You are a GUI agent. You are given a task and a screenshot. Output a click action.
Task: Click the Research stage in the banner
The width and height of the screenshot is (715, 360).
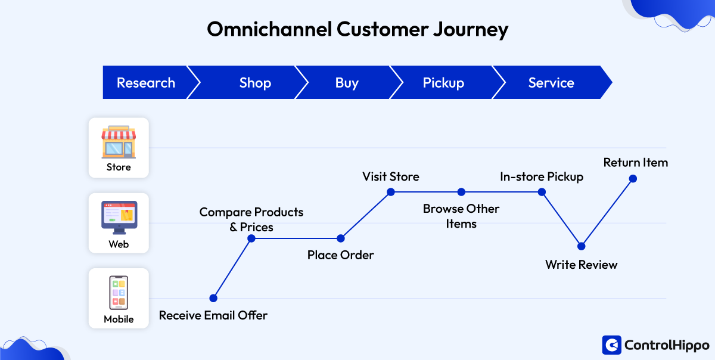pyautogui.click(x=146, y=83)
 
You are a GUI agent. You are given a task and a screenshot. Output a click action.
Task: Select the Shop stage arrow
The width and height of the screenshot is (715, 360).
pyautogui.click(x=255, y=83)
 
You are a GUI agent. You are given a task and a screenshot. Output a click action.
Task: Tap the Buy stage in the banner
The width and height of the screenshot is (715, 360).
pyautogui.click(x=347, y=83)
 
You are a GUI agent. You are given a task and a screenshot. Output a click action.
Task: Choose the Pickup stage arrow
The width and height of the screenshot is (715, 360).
pyautogui.click(x=443, y=83)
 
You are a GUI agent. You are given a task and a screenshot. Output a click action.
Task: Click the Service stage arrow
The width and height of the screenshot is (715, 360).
pyautogui.click(x=551, y=83)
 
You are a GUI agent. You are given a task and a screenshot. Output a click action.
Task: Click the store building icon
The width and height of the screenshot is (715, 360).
pyautogui.click(x=119, y=141)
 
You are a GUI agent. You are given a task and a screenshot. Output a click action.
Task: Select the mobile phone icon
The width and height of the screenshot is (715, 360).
pyautogui.click(x=119, y=292)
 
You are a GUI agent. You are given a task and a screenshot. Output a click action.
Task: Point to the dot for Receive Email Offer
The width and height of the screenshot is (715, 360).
pyautogui.click(x=213, y=298)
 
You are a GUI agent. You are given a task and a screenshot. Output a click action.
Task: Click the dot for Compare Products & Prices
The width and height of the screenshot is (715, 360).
pyautogui.click(x=251, y=238)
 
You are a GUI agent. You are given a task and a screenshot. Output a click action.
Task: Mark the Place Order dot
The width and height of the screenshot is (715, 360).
pyautogui.click(x=341, y=238)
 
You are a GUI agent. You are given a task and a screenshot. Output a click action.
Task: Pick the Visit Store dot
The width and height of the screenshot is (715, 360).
pyautogui.click(x=391, y=192)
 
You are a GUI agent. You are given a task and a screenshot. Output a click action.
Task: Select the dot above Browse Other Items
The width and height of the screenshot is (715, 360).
pyautogui.click(x=461, y=192)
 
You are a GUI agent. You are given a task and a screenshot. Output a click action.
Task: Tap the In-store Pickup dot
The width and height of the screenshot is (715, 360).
pyautogui.click(x=542, y=192)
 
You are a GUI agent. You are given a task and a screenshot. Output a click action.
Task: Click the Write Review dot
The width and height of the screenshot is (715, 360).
pyautogui.click(x=582, y=246)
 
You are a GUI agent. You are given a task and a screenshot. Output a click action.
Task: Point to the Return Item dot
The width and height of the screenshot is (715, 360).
pyautogui.click(x=633, y=178)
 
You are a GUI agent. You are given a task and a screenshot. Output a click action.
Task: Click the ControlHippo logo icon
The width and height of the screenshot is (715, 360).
pyautogui.click(x=611, y=345)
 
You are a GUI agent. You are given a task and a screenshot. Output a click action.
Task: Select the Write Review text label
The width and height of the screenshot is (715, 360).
pyautogui.click(x=582, y=265)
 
